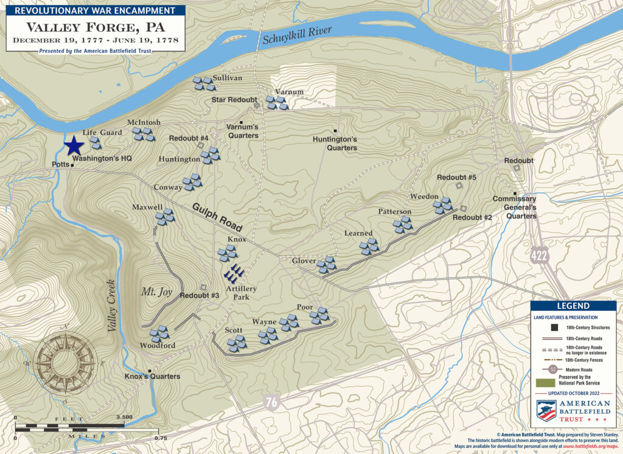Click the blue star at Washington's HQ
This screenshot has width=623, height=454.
[x=74, y=146]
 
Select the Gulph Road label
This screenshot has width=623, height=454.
[x=218, y=217]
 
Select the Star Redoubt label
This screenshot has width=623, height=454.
[x=234, y=99]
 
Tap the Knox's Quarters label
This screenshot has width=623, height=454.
[x=152, y=377]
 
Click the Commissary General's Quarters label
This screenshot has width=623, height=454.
[x=514, y=208]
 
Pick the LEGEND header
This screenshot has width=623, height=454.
[x=568, y=306]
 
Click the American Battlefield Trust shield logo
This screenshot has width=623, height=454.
[x=545, y=410]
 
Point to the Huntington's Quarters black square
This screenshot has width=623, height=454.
[x=335, y=131]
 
